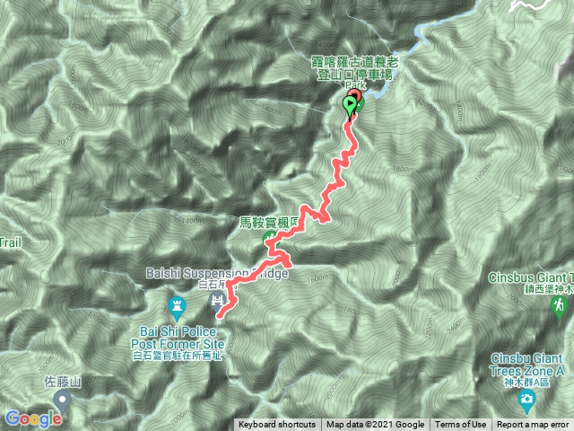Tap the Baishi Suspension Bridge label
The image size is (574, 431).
coord(216,273)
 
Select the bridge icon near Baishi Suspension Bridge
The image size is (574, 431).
coord(216,298)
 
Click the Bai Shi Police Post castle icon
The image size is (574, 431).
coord(177,305)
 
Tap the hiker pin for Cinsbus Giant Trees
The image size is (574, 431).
coord(560,307)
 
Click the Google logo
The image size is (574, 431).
coord(32,418)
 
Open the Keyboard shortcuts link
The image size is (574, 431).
coord(276,425)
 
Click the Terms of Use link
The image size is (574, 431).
coord(460,425)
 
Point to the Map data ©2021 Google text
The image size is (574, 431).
coord(375,425)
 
